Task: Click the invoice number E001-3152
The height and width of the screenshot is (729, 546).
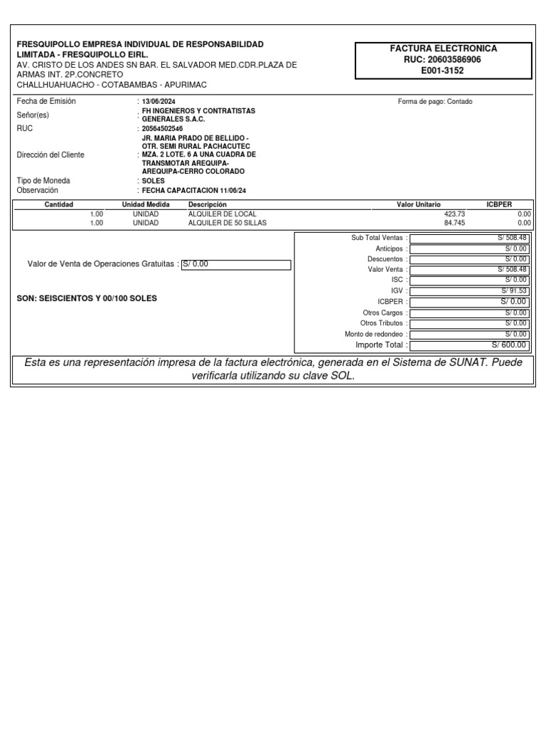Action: coord(442,70)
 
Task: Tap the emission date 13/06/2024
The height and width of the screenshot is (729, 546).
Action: coord(159,102)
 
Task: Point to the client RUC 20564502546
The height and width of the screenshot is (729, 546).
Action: coord(162,129)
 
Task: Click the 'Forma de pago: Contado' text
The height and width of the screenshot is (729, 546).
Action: coord(435,102)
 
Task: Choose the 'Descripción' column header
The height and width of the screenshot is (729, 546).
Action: coord(207,204)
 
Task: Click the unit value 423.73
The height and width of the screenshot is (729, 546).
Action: coord(453,214)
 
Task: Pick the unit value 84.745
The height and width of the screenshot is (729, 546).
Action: coord(453,223)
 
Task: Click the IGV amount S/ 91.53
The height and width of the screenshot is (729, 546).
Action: coord(514,290)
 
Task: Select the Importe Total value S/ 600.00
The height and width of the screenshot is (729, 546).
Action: coord(509,345)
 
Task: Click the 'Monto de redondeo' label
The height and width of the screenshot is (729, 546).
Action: coord(374,335)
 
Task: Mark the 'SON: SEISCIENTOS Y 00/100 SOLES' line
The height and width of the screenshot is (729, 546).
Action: coord(87,299)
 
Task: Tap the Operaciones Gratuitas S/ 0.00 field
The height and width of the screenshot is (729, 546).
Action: coord(236,265)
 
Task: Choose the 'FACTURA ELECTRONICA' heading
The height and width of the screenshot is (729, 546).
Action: coord(444,48)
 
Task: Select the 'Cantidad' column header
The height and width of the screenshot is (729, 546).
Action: coord(59,204)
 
